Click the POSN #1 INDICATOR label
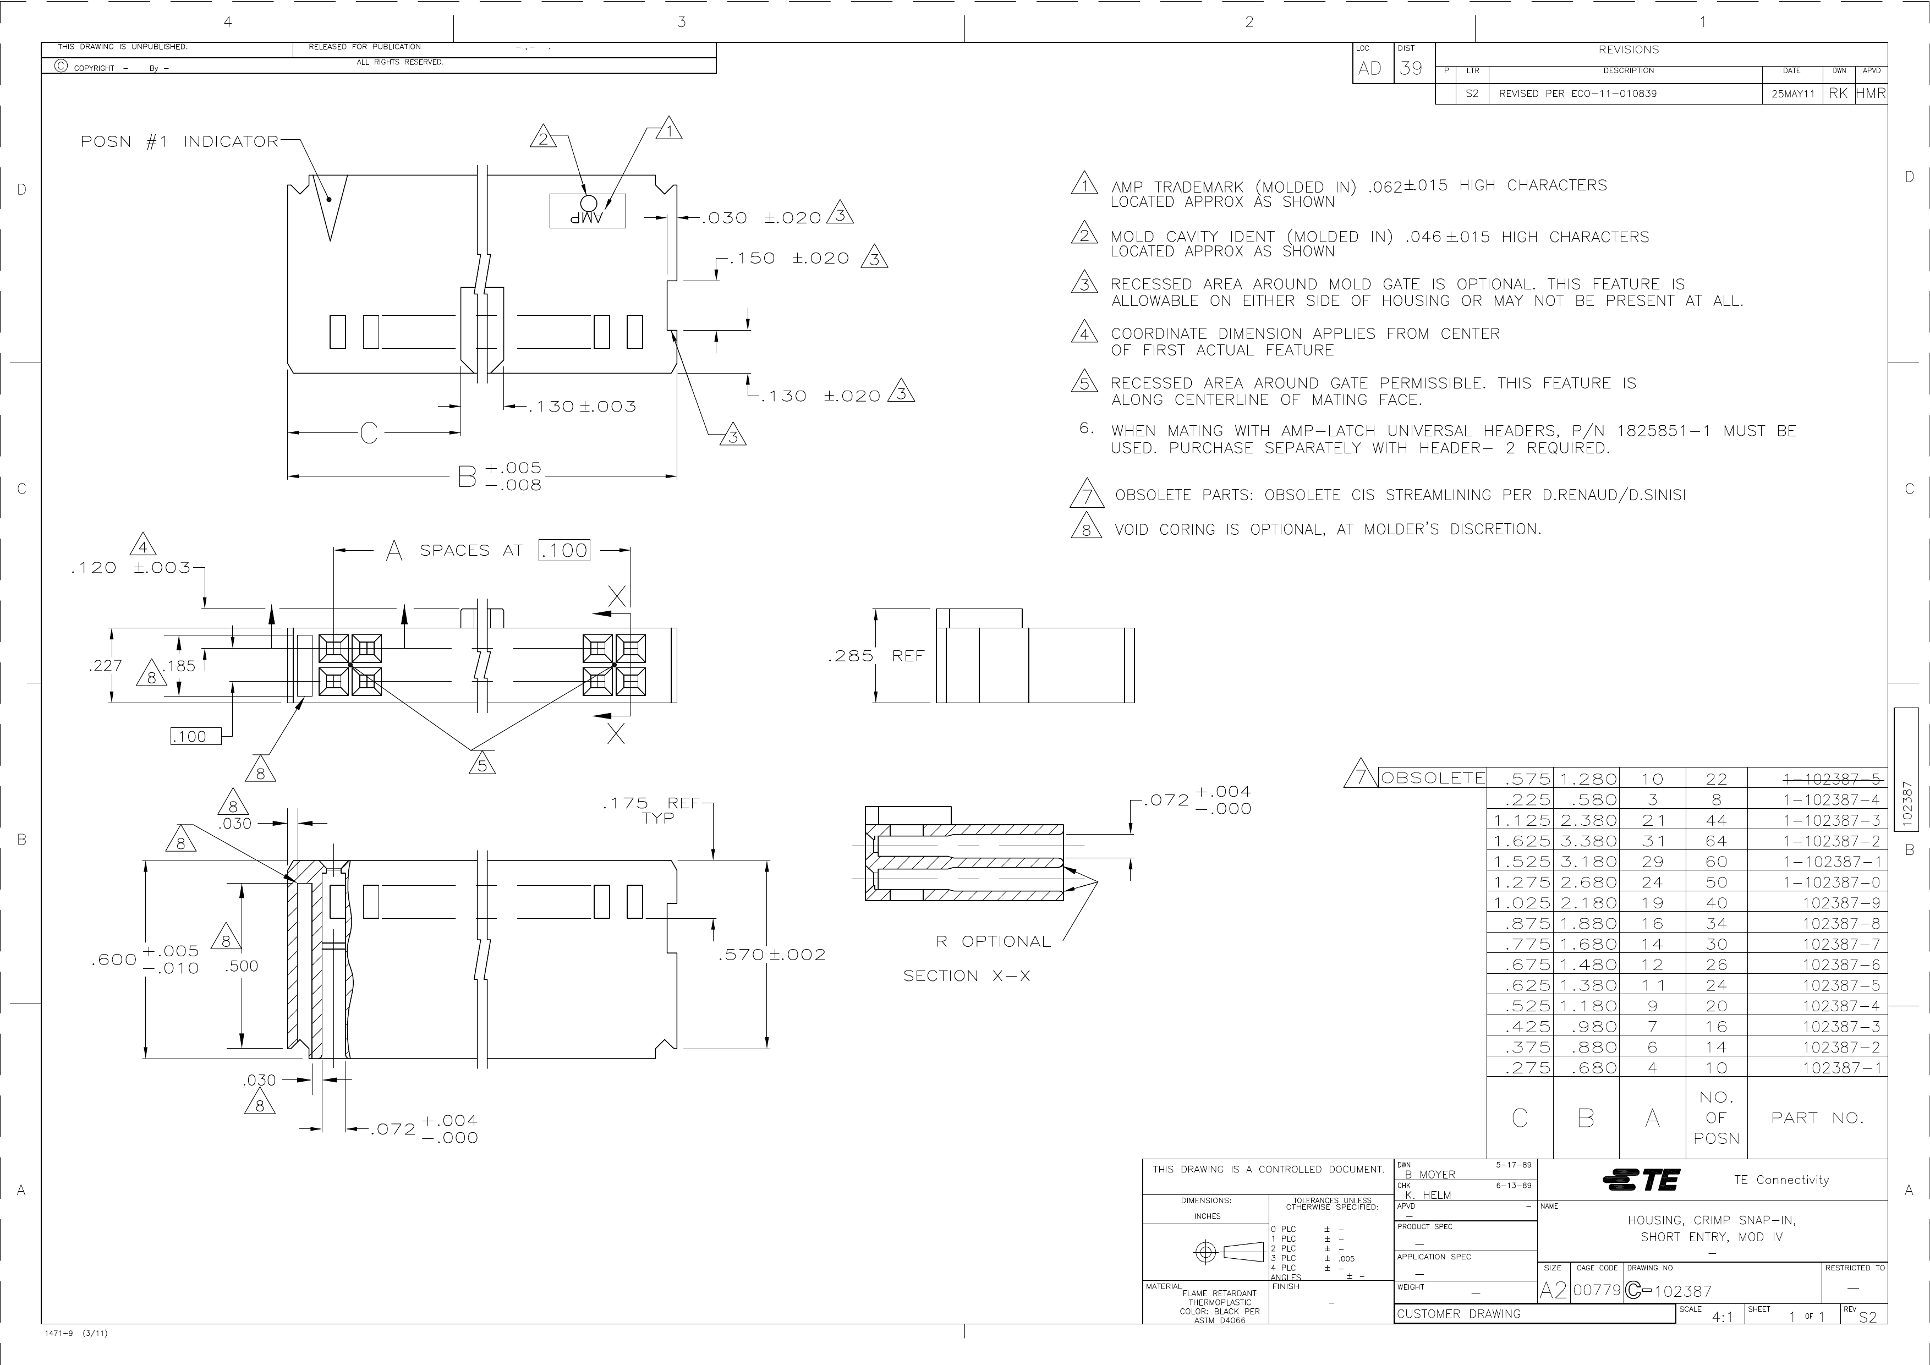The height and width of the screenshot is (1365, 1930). tap(179, 141)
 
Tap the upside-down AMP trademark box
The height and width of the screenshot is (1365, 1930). tap(588, 211)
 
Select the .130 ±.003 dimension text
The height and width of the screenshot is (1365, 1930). tap(582, 407)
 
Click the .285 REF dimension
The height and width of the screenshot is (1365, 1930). tap(876, 656)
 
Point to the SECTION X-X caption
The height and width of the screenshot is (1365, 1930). tap(967, 976)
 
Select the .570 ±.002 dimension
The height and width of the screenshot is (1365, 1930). tap(772, 955)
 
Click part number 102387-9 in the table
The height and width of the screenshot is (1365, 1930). tap(1840, 903)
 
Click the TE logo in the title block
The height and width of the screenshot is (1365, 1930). tap(1642, 1180)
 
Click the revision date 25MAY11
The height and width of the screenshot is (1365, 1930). tap(1791, 94)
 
